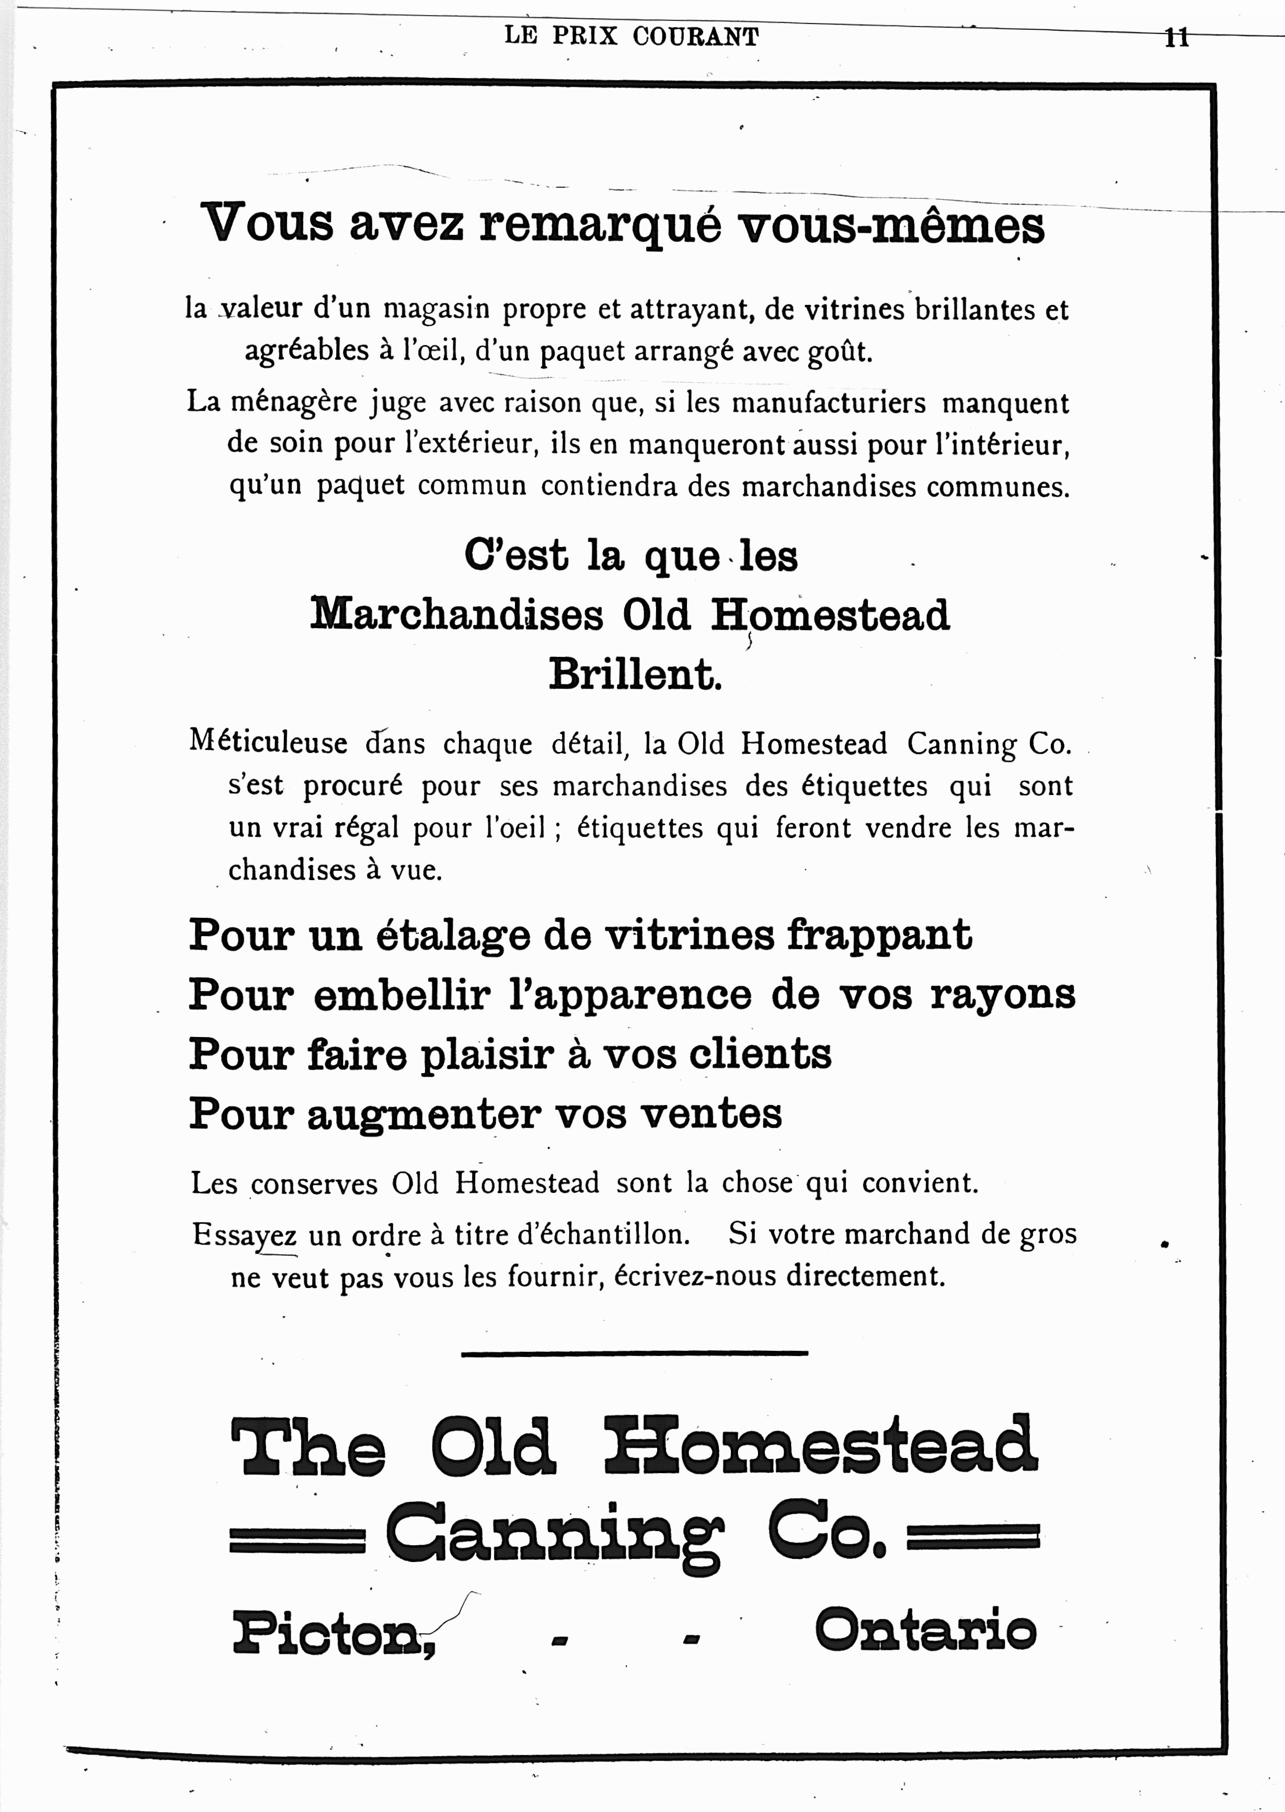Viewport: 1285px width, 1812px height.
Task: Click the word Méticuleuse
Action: pos(268,742)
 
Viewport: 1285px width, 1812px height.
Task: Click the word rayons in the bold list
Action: pos(1003,995)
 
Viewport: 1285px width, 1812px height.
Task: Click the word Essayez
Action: pos(245,1234)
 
